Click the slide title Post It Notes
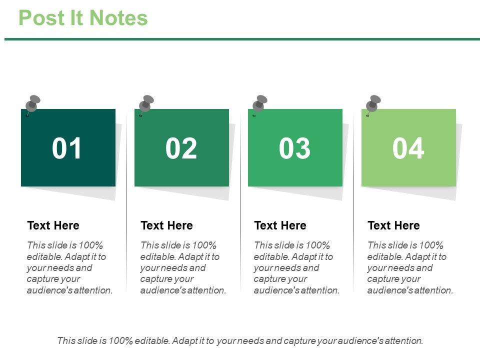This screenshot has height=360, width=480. [x=83, y=18]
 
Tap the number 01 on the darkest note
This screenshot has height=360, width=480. [x=66, y=148]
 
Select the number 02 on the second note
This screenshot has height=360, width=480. [x=181, y=148]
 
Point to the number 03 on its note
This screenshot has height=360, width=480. [x=294, y=148]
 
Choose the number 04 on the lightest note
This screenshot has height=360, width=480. [x=408, y=148]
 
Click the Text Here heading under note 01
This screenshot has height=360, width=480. [x=53, y=225]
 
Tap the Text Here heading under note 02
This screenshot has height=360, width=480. [x=167, y=225]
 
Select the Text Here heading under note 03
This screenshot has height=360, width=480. [x=280, y=225]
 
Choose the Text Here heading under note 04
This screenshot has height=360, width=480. [x=393, y=225]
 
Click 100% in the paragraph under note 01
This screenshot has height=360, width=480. [x=90, y=245]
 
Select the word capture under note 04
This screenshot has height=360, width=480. [x=380, y=279]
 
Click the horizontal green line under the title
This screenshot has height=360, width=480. [x=242, y=39]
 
